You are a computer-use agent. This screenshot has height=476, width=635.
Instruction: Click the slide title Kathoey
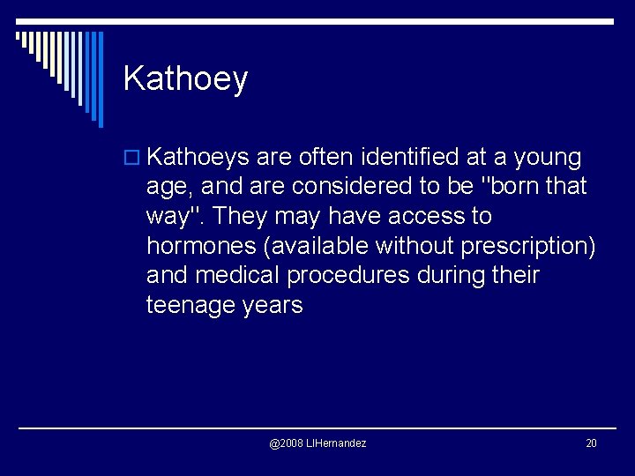[x=185, y=78]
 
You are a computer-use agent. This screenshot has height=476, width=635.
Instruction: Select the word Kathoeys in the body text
[x=198, y=158]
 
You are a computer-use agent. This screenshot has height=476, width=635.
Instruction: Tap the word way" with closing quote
[x=176, y=216]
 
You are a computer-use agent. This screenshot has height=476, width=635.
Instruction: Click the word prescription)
[x=544, y=246]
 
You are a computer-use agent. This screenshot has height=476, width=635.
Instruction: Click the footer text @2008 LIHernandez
[x=317, y=443]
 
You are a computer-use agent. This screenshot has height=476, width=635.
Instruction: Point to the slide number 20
[x=591, y=443]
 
